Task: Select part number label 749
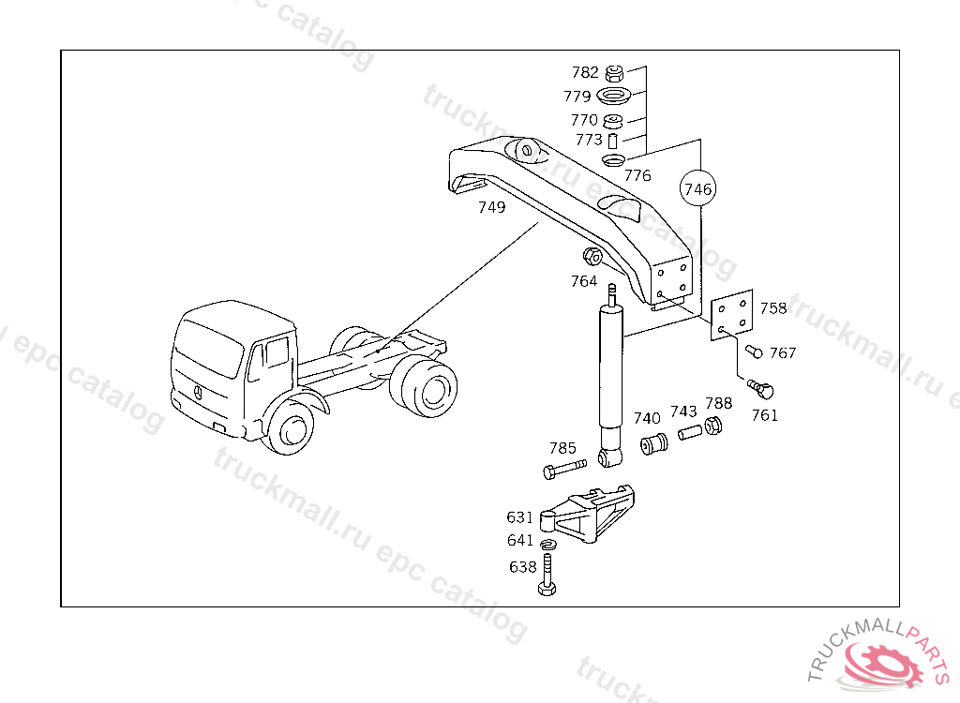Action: click(x=491, y=207)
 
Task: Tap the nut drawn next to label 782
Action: click(x=615, y=72)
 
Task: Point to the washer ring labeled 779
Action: click(x=614, y=96)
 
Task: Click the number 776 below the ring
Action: click(x=637, y=175)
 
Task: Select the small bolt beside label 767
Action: click(x=754, y=351)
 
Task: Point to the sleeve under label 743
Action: click(x=690, y=435)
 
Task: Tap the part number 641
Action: click(x=520, y=541)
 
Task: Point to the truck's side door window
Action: click(x=275, y=354)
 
